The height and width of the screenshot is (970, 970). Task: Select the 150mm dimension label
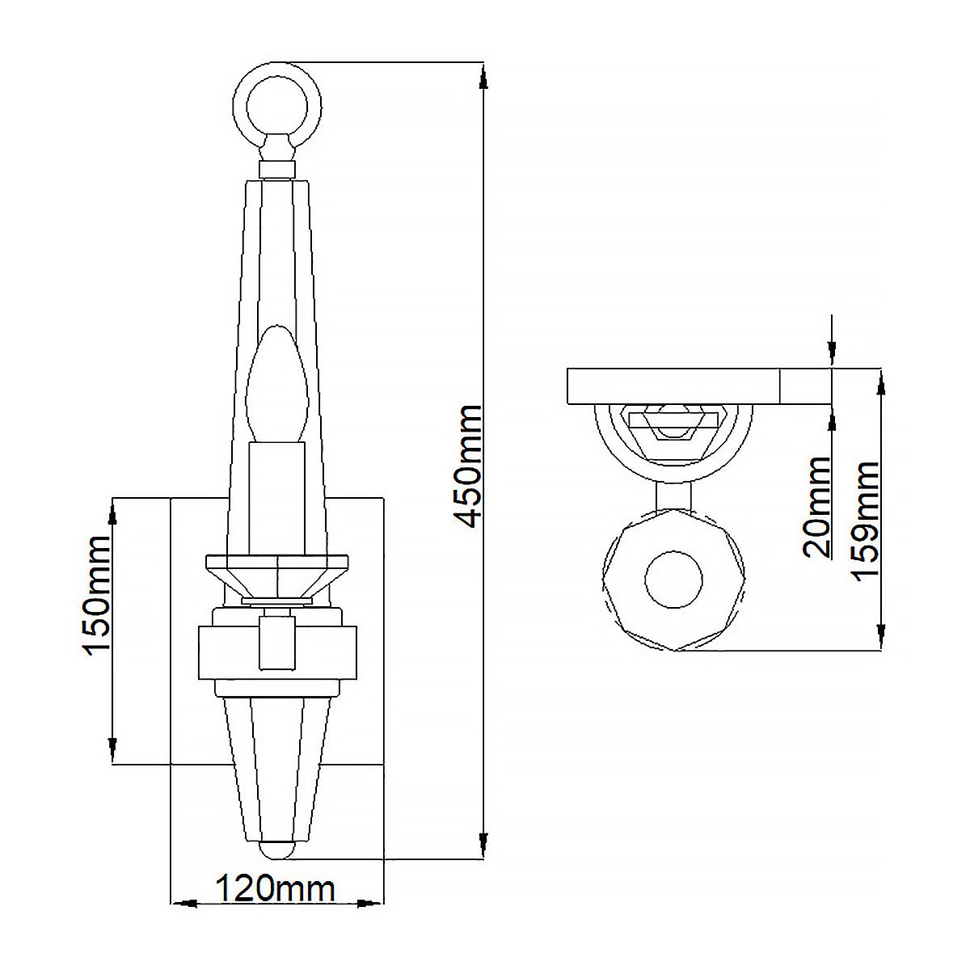click(x=99, y=596)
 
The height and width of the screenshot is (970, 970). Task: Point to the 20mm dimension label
click(x=817, y=508)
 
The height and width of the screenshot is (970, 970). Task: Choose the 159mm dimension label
click(x=866, y=519)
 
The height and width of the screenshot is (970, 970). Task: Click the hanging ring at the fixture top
click(x=277, y=103)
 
